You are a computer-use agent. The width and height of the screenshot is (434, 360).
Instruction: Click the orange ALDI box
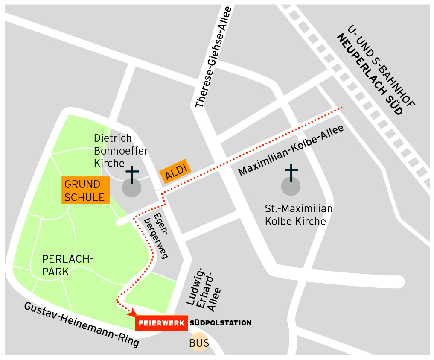coord(175,171)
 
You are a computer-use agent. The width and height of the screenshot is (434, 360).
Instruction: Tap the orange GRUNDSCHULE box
coord(85,190)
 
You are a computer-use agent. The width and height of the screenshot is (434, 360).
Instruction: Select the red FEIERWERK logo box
coord(161,323)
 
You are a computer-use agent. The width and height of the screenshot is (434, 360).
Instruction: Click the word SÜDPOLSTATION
coord(221,323)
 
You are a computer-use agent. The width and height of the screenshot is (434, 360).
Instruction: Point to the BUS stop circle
coord(199,342)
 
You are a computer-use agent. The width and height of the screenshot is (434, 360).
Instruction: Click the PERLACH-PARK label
coord(67,265)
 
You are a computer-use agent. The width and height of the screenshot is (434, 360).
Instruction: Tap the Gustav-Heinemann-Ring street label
coord(81,325)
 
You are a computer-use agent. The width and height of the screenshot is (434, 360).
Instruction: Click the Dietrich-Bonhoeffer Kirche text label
coord(120,151)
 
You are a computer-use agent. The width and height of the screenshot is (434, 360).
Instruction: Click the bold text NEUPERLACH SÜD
coord(370,74)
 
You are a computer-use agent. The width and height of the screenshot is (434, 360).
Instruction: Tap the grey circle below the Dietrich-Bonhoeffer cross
coord(132,188)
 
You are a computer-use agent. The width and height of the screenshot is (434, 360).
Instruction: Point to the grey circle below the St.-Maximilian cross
coord(291,186)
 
